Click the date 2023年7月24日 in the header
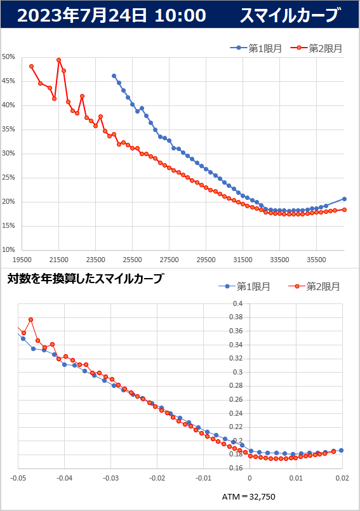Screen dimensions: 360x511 click(x=82, y=15)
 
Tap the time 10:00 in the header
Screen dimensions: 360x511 click(x=180, y=15)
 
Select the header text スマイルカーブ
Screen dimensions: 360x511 click(x=290, y=15)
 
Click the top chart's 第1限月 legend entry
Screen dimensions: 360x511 click(x=256, y=48)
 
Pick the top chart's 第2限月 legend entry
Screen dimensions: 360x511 click(x=316, y=48)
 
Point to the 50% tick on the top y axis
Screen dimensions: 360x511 click(x=8, y=57)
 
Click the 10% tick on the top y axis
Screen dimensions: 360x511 click(x=8, y=250)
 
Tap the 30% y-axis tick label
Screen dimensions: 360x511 click(x=8, y=154)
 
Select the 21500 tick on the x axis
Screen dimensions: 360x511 click(x=58, y=260)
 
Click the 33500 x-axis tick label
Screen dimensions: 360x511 click(x=279, y=260)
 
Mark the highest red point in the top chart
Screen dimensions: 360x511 click(x=58, y=60)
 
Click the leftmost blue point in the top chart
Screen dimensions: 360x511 click(x=114, y=76)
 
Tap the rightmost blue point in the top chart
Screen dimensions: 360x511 click(x=344, y=199)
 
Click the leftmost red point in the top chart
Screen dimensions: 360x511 click(x=31, y=66)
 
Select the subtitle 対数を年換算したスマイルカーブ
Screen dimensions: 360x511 click(x=85, y=279)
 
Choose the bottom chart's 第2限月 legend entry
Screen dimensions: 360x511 click(x=314, y=286)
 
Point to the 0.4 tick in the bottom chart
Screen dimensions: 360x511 click(x=237, y=303)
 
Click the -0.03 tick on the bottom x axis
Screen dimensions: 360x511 click(x=110, y=478)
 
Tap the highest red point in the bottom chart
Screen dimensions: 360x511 click(x=30, y=319)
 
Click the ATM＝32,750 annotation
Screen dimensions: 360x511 click(x=248, y=496)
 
